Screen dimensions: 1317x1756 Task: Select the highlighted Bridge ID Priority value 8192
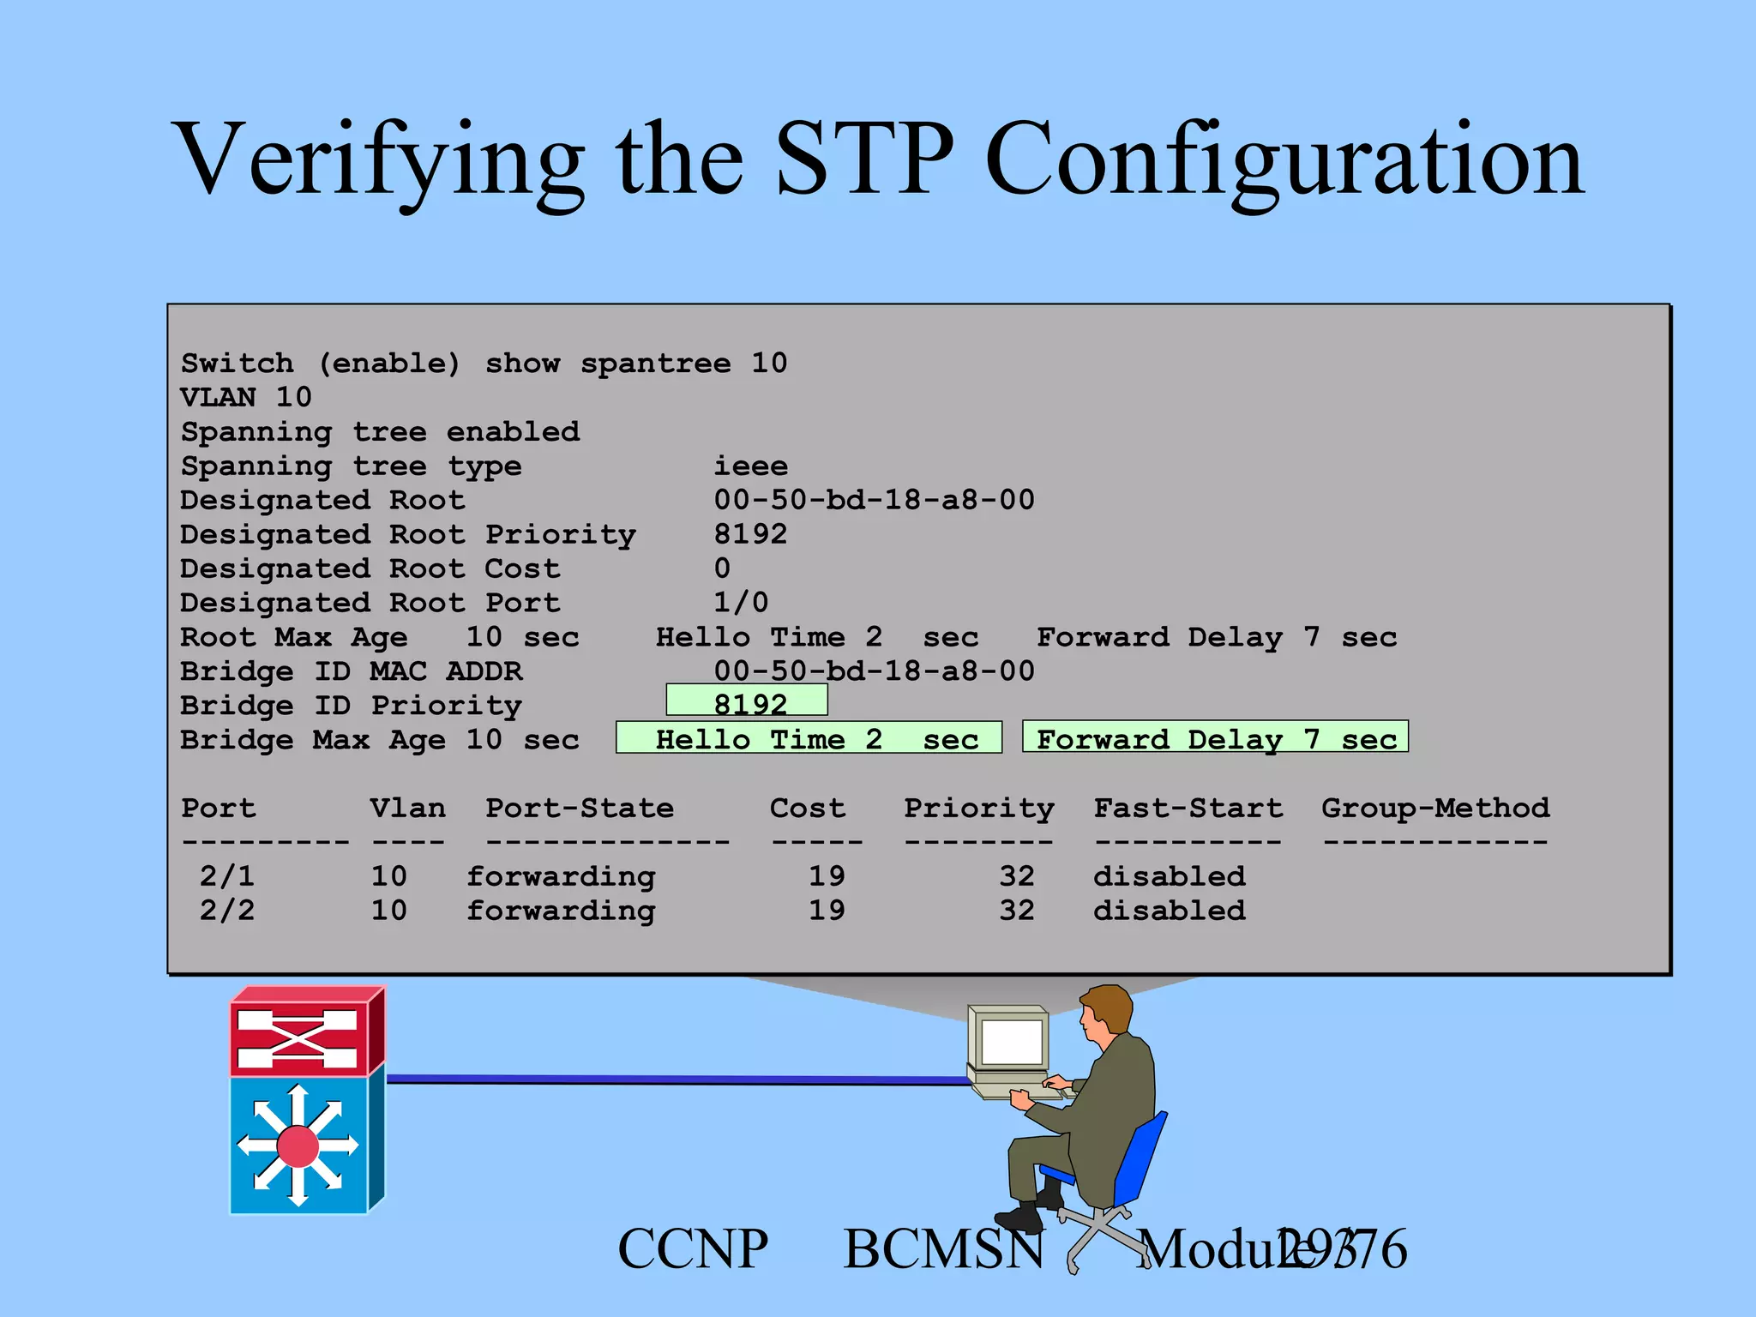point(748,701)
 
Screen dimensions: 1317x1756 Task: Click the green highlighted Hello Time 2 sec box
point(809,738)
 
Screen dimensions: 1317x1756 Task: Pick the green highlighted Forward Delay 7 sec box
point(1215,738)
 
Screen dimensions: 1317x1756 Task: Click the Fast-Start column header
point(1188,808)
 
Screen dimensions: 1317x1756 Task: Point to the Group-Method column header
point(1434,808)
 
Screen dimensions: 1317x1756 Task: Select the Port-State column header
point(580,808)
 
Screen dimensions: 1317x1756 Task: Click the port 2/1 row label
point(227,876)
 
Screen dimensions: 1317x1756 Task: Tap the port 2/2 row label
point(227,911)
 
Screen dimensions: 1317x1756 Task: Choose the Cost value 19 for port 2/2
point(827,911)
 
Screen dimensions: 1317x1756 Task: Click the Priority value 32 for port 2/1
point(1016,876)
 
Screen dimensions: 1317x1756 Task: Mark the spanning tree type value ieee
point(750,466)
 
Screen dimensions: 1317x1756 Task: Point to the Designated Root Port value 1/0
point(741,603)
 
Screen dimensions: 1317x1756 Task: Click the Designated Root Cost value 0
point(723,568)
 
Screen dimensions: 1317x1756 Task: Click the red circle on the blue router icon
point(298,1146)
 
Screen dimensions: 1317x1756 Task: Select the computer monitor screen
point(1011,1043)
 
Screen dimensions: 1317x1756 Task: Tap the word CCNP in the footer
point(693,1249)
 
